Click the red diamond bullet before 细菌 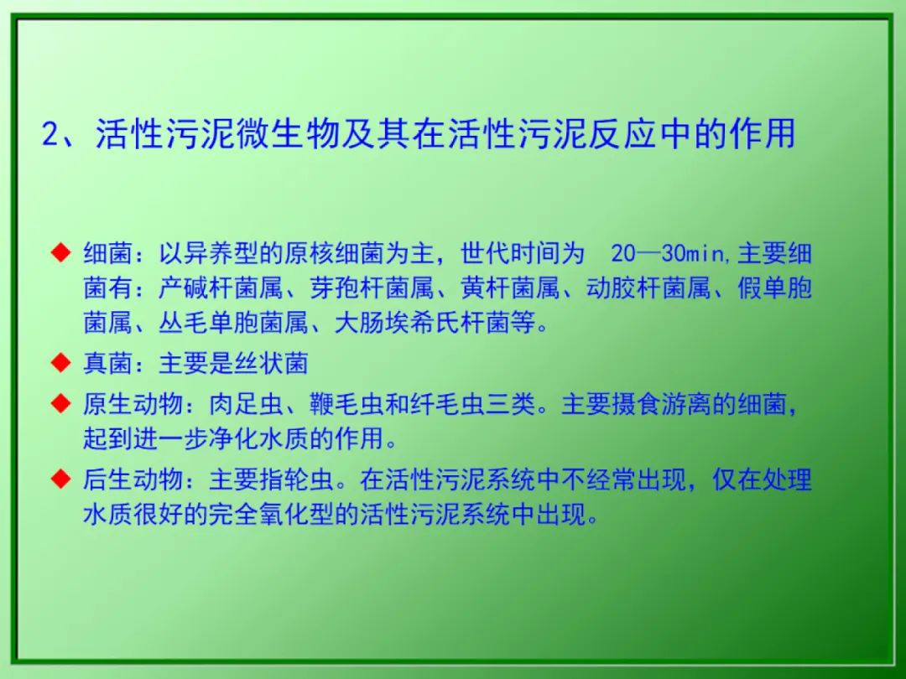(x=60, y=253)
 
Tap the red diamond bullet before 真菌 (x=60, y=363)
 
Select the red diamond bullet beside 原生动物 (x=60, y=403)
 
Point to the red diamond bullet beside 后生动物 (x=60, y=479)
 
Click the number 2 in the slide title (x=51, y=134)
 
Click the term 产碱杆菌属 (x=221, y=288)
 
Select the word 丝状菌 (x=271, y=363)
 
